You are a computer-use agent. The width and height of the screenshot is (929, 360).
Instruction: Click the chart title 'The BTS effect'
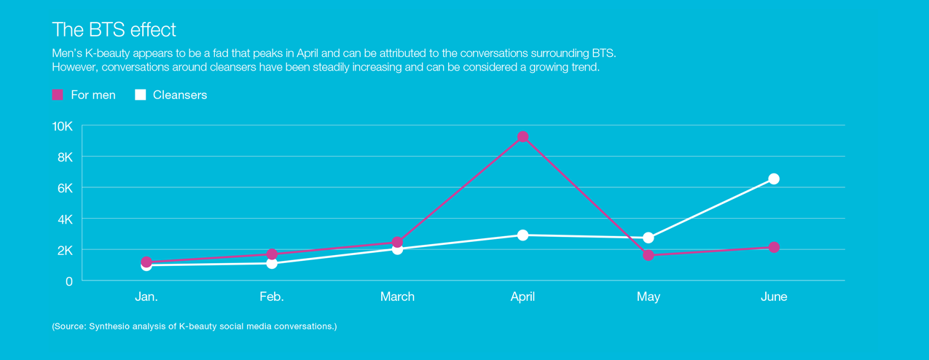click(x=114, y=30)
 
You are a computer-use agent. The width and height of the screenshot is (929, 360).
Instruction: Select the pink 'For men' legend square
click(x=58, y=95)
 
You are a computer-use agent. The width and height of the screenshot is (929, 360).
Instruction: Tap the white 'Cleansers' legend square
click(x=141, y=95)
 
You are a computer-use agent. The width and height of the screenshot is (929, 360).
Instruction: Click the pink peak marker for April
click(x=522, y=137)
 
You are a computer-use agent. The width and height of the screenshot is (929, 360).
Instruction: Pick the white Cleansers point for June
click(x=774, y=179)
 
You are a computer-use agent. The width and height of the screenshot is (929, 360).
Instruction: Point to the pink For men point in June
click(x=774, y=248)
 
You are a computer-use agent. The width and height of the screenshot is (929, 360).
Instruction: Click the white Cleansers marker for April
click(x=522, y=235)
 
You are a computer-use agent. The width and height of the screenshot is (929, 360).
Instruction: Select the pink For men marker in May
click(x=648, y=255)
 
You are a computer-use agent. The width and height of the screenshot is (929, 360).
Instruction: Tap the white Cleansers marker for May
click(x=648, y=238)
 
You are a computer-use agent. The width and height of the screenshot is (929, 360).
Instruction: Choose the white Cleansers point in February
click(x=272, y=263)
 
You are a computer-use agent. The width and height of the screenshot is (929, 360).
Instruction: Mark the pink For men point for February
click(x=272, y=254)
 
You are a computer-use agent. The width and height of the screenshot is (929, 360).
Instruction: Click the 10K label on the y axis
click(x=62, y=126)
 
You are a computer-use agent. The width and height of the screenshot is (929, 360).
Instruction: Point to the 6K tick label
click(x=65, y=188)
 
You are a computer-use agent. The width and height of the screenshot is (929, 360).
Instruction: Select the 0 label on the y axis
click(x=69, y=281)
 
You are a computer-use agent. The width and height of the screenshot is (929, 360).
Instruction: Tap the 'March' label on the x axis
click(x=397, y=297)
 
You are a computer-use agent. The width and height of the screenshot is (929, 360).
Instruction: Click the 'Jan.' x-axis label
click(x=146, y=297)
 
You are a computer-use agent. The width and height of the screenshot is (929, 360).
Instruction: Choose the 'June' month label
click(x=774, y=297)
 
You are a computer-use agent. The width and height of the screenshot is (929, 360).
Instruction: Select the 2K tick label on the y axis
click(x=65, y=251)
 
